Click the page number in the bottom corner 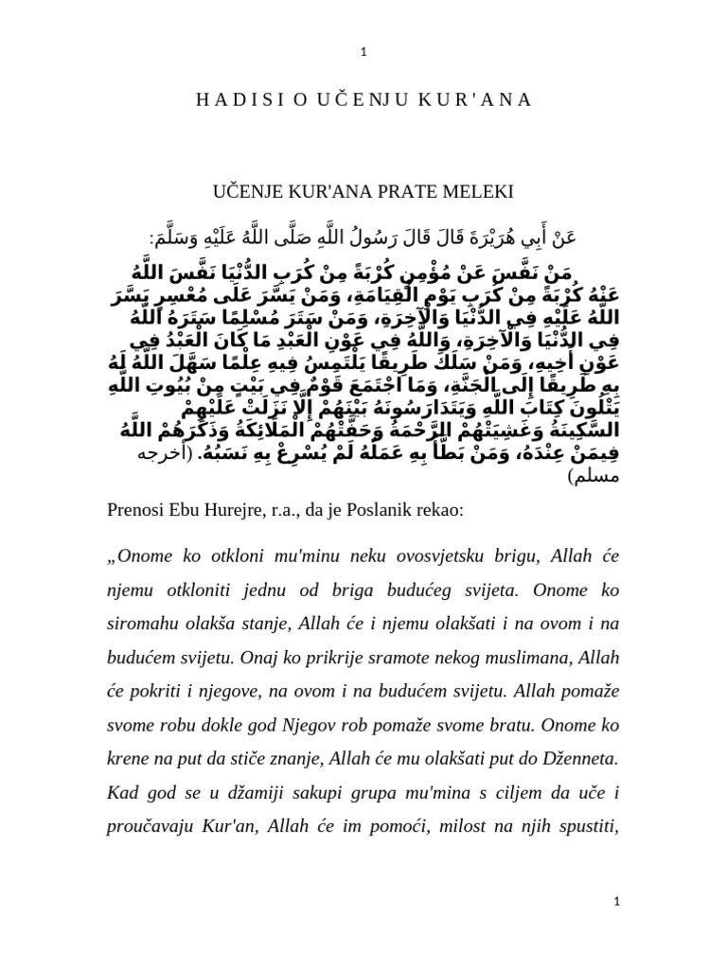tap(616, 904)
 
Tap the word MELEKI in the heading tap(480, 193)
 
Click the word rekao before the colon tap(440, 510)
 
